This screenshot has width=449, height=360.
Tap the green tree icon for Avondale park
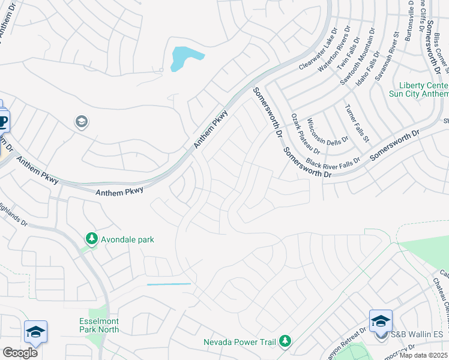coord(91,239)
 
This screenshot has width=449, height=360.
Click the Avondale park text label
coord(127,239)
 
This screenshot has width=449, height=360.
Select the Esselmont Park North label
coord(99,325)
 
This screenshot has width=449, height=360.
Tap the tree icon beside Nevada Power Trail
coord(285,342)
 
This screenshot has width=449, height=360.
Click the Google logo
coord(19,353)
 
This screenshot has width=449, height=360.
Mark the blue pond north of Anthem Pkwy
coord(183,59)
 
